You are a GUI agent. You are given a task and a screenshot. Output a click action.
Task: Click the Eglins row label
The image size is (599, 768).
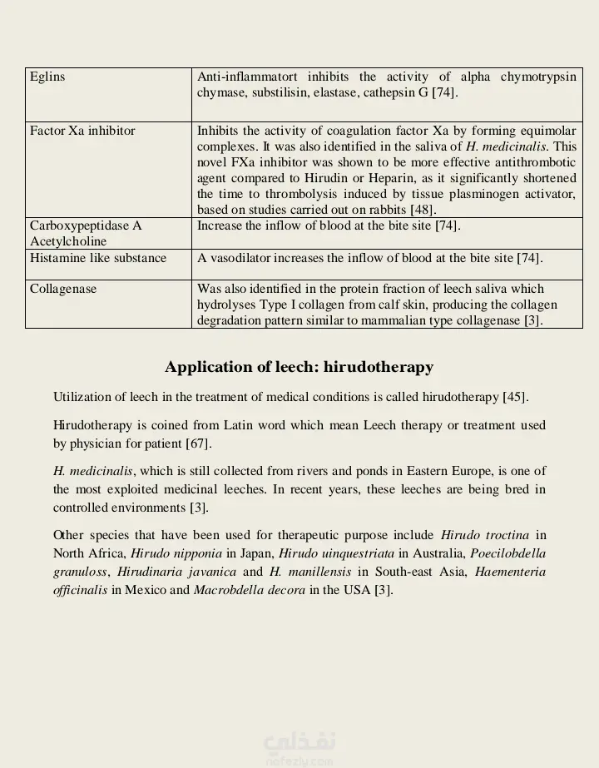(x=47, y=77)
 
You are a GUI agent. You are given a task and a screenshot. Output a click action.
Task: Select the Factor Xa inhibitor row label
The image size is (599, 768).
(x=82, y=131)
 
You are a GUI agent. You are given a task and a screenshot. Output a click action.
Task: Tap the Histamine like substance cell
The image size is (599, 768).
(x=98, y=258)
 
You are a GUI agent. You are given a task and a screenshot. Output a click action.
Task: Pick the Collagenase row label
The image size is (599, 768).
(x=63, y=290)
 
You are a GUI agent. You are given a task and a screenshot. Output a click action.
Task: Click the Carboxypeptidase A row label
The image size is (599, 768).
(x=86, y=225)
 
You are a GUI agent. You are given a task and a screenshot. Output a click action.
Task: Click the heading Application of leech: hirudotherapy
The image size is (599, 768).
(x=299, y=367)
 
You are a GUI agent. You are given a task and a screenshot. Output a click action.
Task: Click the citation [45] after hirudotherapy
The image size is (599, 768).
(x=515, y=397)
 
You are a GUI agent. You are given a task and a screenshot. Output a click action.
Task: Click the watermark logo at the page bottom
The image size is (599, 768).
(x=299, y=747)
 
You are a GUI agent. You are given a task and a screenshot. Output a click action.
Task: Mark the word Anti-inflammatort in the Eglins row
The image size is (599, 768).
(x=247, y=77)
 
